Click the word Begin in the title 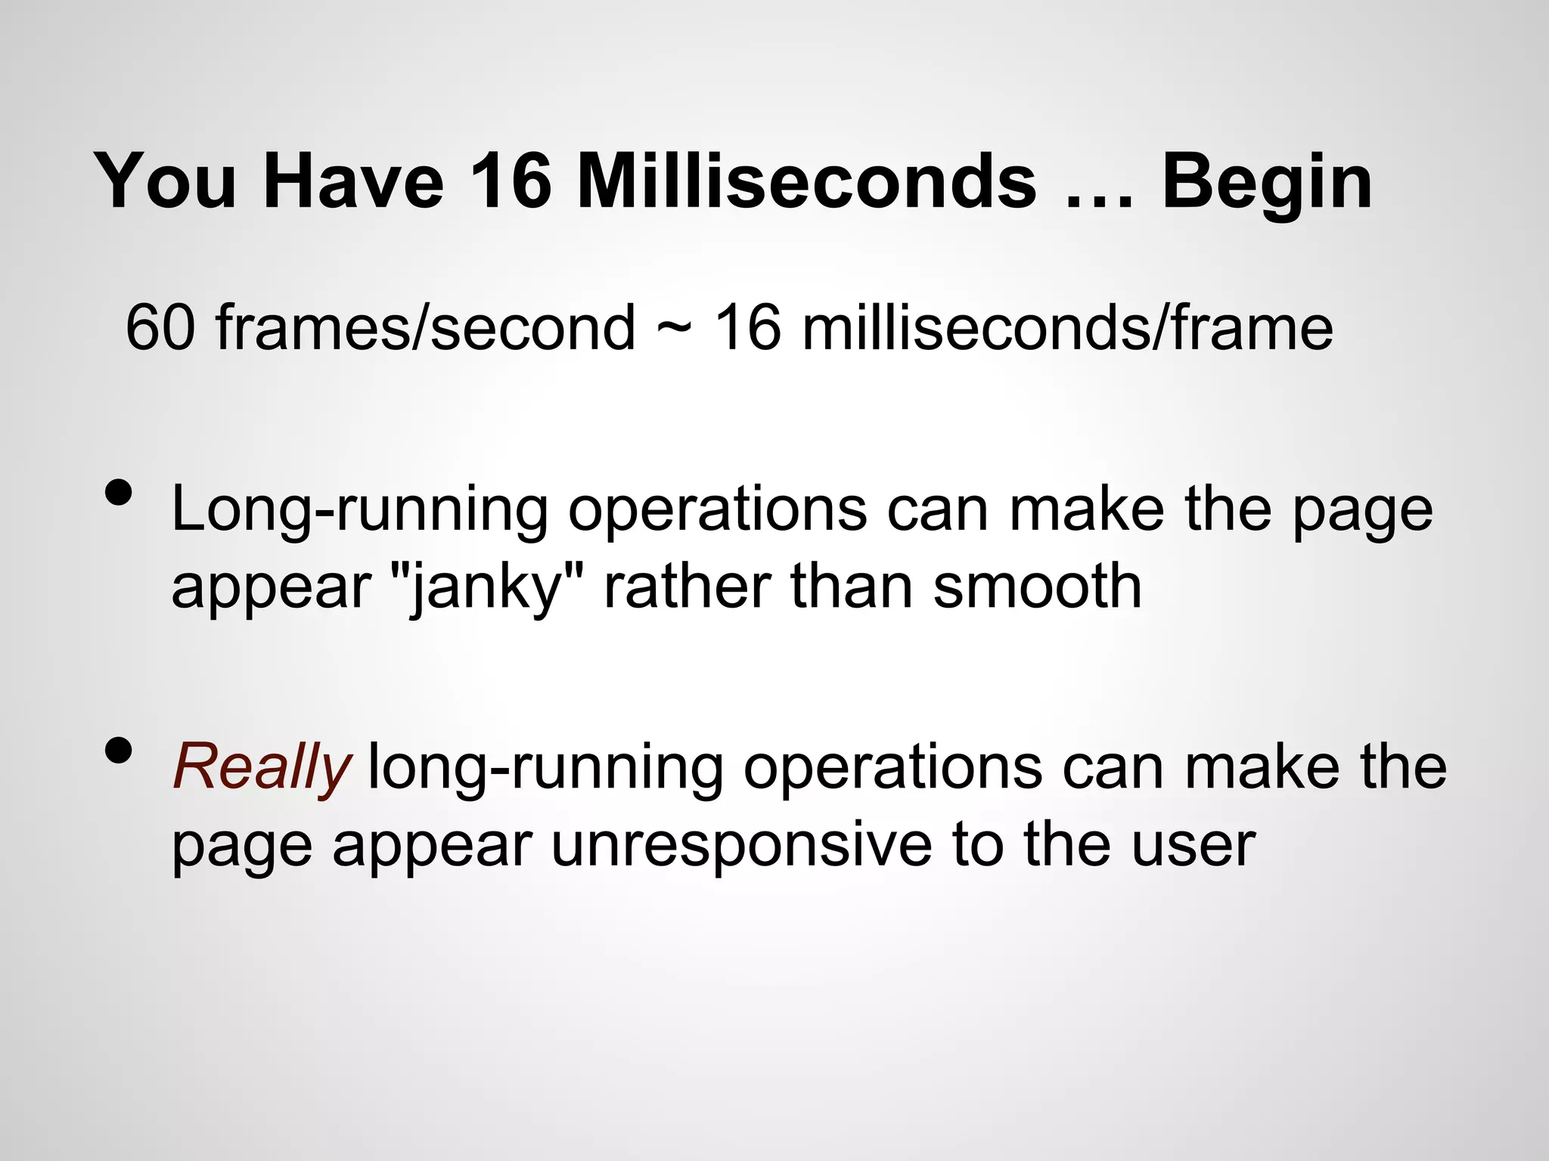click(1266, 183)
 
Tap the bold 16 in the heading click(511, 181)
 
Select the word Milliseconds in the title click(806, 181)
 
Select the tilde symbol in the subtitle click(674, 329)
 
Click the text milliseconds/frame click(1067, 327)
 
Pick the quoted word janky click(483, 588)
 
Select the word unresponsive click(741, 844)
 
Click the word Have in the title click(353, 181)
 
